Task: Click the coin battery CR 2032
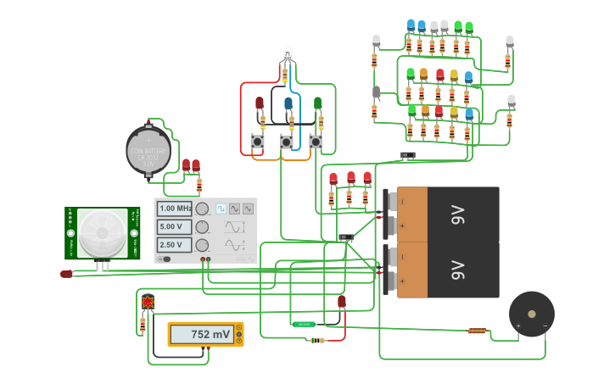pyautogui.click(x=148, y=150)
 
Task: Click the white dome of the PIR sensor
pyautogui.click(x=102, y=233)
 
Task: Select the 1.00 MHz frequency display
pyautogui.click(x=175, y=209)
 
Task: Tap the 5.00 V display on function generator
pyautogui.click(x=175, y=226)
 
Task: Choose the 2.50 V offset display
pyautogui.click(x=175, y=245)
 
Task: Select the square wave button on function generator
pyautogui.click(x=221, y=209)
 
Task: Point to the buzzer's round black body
pyautogui.click(x=532, y=314)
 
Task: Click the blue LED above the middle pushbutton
pyautogui.click(x=288, y=104)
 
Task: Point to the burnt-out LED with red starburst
pyautogui.click(x=148, y=302)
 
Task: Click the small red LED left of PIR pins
pyautogui.click(x=66, y=274)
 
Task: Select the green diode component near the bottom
pyautogui.click(x=303, y=324)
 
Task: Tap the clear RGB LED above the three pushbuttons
pyautogui.click(x=287, y=55)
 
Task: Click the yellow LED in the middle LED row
pyautogui.click(x=454, y=76)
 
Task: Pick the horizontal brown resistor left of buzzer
pyautogui.click(x=477, y=331)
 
